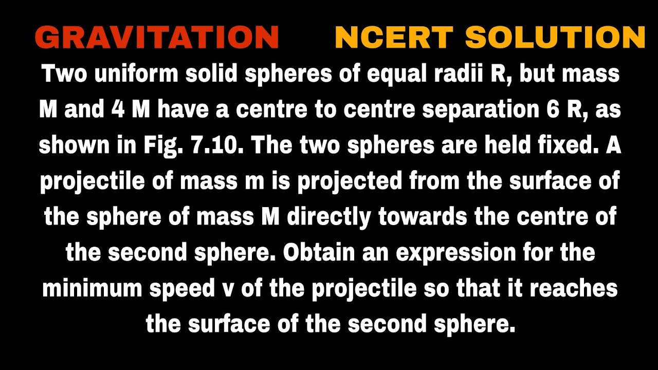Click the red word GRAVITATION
(157, 38)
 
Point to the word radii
(454, 75)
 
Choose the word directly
(328, 218)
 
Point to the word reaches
(574, 289)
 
